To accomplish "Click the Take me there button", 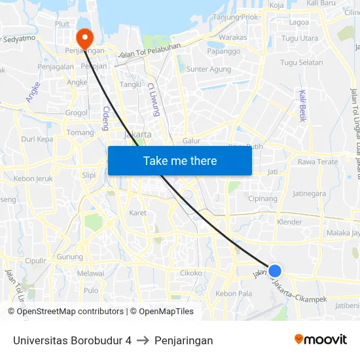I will [180, 160].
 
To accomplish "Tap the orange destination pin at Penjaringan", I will [85, 37].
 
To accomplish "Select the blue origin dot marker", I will [275, 270].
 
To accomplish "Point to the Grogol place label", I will [77, 113].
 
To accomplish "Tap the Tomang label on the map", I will [81, 132].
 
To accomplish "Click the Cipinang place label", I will [263, 198].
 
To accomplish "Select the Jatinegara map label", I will [310, 193].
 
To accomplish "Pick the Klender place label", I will [290, 222].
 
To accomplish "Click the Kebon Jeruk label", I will [33, 178].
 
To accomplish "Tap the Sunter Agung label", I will [208, 69].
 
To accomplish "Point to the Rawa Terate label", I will [317, 162].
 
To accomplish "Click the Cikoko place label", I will [190, 273].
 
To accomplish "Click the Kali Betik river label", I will [302, 105].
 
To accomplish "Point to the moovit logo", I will [320, 339].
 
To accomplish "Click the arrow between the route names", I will [143, 340].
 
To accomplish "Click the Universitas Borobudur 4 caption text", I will [72, 340].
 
